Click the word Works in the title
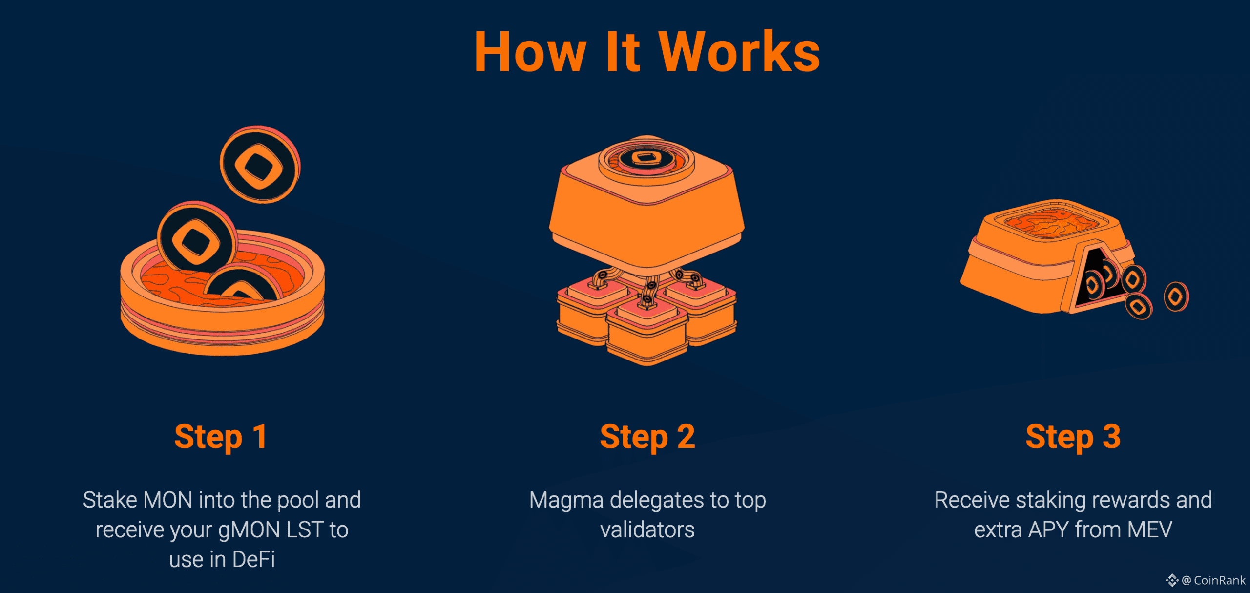point(739,52)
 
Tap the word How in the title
point(530,52)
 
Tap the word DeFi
point(254,560)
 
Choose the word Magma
point(566,500)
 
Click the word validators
point(647,530)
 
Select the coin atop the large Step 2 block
point(646,158)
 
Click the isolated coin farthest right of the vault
point(1176,296)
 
